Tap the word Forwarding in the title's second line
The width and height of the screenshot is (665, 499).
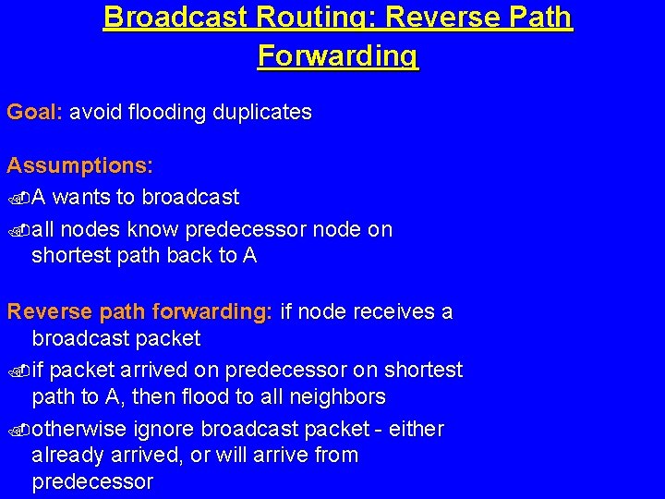338,55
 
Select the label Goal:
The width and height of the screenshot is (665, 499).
34,113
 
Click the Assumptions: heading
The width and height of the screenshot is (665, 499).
79,166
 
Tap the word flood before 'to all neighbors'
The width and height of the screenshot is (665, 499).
212,397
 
